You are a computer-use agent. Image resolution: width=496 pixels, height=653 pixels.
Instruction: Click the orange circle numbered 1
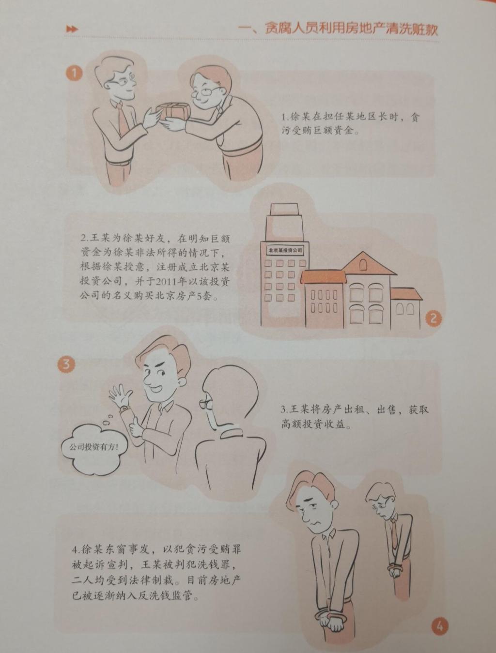pyautogui.click(x=74, y=73)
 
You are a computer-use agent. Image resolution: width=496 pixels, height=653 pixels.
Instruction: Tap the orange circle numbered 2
pyautogui.click(x=433, y=319)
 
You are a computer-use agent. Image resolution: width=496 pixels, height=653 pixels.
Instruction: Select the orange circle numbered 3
pyautogui.click(x=66, y=364)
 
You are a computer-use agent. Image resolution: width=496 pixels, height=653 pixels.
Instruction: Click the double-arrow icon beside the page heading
pyautogui.click(x=72, y=29)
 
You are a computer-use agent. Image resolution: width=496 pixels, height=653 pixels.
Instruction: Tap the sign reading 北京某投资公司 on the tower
pyautogui.click(x=285, y=250)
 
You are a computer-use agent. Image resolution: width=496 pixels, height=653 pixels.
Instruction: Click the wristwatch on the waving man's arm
pyautogui.click(x=124, y=410)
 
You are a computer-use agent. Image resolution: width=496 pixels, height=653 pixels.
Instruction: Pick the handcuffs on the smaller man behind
pyautogui.click(x=396, y=567)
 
